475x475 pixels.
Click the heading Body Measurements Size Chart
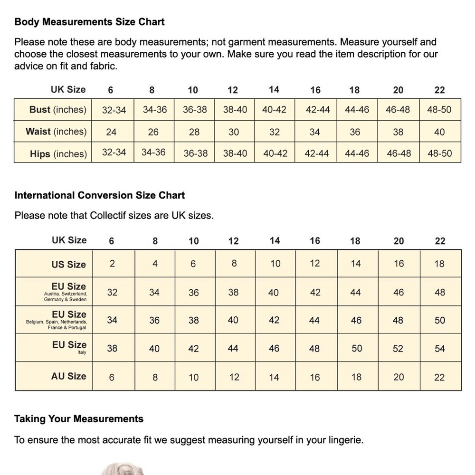pyautogui.click(x=89, y=22)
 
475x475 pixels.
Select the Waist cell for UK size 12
pyautogui.click(x=234, y=132)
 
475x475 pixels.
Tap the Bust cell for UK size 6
pyautogui.click(x=114, y=110)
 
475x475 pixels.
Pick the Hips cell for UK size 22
pyautogui.click(x=439, y=153)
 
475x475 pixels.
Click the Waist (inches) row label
pyautogui.click(x=56, y=132)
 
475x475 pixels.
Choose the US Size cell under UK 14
pyautogui.click(x=275, y=264)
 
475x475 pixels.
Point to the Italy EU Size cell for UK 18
pyautogui.click(x=357, y=348)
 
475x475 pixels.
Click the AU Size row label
pyautogui.click(x=69, y=376)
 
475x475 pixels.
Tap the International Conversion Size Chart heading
pyautogui.click(x=99, y=195)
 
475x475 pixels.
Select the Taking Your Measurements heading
pyautogui.click(x=79, y=419)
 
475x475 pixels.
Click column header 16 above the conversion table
pyautogui.click(x=315, y=241)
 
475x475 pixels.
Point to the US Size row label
pyautogui.click(x=69, y=265)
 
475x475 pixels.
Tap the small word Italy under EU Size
pyautogui.click(x=82, y=352)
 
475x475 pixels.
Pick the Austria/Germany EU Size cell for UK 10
pyautogui.click(x=194, y=293)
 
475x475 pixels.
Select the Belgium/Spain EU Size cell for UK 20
pyautogui.click(x=398, y=320)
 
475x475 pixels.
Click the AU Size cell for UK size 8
pyautogui.click(x=155, y=378)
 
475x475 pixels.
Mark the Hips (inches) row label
pyautogui.click(x=58, y=154)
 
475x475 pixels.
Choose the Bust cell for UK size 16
pyautogui.click(x=318, y=110)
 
